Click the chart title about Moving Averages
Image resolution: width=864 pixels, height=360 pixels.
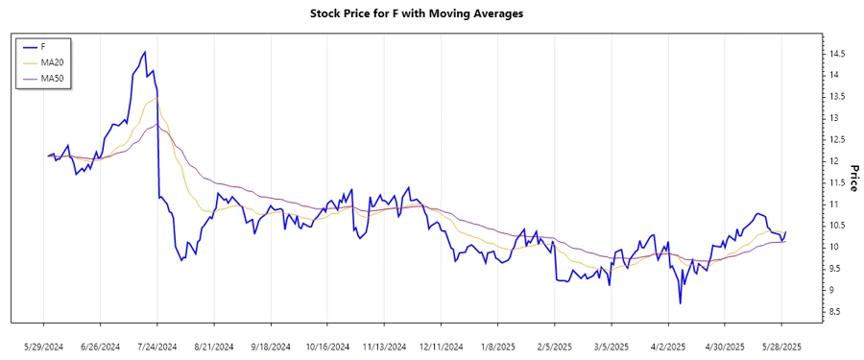click(431, 14)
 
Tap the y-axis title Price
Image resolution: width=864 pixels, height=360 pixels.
click(852, 178)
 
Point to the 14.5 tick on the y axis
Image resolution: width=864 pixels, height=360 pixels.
click(837, 53)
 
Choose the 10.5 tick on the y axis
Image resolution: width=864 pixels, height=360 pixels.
click(837, 226)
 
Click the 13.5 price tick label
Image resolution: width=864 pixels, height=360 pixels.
click(837, 96)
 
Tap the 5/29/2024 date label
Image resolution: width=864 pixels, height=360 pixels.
click(44, 347)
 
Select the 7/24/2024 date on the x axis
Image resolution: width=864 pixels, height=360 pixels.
click(157, 347)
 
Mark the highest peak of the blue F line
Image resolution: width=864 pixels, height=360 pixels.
click(145, 52)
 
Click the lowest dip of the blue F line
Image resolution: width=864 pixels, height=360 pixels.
click(680, 303)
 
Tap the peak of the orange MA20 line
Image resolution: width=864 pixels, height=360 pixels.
click(156, 98)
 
